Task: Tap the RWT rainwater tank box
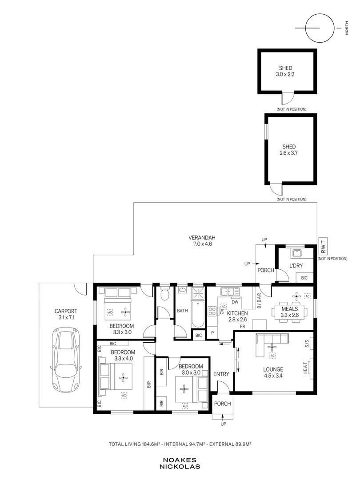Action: tap(323, 246)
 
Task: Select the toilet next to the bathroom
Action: tap(165, 294)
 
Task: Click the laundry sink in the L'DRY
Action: tap(296, 253)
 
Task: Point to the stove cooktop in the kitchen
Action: tap(212, 311)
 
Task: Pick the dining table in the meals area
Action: tap(290, 312)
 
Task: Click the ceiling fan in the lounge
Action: tap(272, 347)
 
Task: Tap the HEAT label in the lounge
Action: tap(305, 368)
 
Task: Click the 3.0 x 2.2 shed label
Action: tap(286, 74)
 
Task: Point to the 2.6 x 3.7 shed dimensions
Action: tap(289, 153)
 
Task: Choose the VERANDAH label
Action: tap(202, 237)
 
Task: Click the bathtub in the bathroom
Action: tap(198, 315)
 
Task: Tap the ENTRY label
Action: tap(221, 374)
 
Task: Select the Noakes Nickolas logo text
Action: tap(180, 463)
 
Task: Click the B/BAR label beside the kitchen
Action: tap(259, 301)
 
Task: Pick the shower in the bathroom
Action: tap(198, 293)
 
